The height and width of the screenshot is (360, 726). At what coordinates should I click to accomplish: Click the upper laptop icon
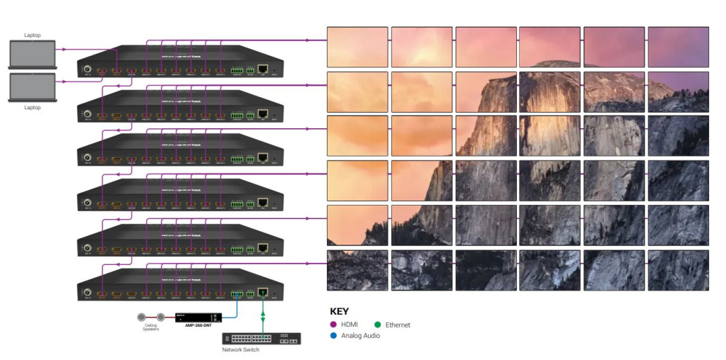point(33,55)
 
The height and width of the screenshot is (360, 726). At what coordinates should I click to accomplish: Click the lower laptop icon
point(33,87)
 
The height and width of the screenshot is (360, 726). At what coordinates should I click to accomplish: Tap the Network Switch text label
point(241,349)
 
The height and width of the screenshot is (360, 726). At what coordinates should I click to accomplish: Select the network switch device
point(262,338)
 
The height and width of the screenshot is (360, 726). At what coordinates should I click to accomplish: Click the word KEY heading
point(340,310)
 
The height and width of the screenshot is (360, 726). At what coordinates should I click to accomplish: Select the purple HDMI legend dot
point(334,325)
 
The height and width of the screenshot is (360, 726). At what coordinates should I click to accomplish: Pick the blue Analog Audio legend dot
point(334,335)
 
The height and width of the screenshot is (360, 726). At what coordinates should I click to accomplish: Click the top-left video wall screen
point(357,47)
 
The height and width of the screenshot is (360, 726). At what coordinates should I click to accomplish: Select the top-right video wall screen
point(678,47)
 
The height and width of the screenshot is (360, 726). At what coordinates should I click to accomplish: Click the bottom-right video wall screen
point(678,270)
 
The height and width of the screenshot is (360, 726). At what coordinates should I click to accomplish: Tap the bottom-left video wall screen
point(357,270)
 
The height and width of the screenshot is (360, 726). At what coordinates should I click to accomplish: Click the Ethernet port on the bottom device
point(263,292)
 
